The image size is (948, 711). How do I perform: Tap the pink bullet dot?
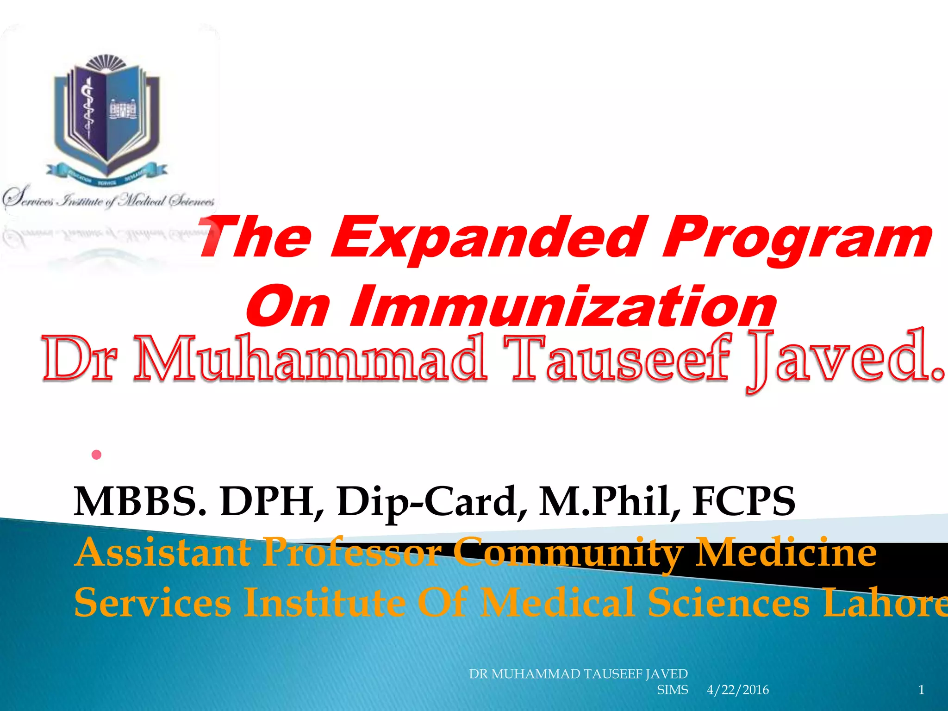click(x=96, y=455)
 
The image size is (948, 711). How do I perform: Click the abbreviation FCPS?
click(x=743, y=501)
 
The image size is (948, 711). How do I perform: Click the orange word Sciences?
click(x=729, y=602)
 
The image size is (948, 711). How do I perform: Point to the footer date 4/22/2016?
click(x=738, y=690)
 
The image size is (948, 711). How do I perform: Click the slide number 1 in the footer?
click(x=921, y=690)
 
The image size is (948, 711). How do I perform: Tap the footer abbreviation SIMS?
click(x=673, y=690)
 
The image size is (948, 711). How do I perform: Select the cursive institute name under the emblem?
click(x=108, y=199)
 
